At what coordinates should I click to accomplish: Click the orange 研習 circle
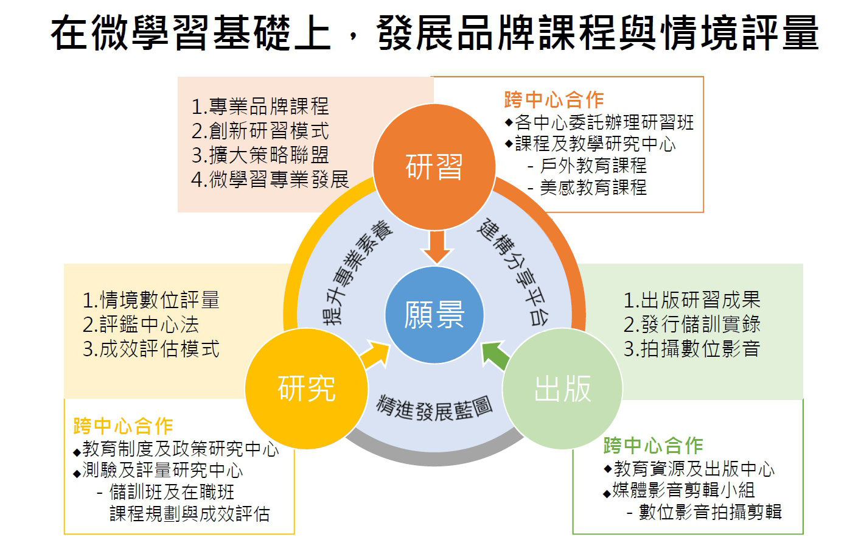click(x=434, y=167)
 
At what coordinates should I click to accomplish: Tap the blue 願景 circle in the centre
click(x=434, y=315)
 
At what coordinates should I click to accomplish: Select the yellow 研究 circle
click(x=306, y=388)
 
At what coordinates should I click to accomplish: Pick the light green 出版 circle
click(x=562, y=388)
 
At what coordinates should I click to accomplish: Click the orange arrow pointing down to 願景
click(x=437, y=247)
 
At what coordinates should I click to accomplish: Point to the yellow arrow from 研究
click(x=375, y=355)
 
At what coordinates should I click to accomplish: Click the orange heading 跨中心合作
click(x=554, y=100)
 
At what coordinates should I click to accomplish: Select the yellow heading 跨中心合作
click(x=123, y=426)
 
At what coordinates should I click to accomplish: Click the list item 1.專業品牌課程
click(x=260, y=107)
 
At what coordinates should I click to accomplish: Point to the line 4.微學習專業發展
click(x=270, y=180)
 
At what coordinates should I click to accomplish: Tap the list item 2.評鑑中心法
click(x=141, y=325)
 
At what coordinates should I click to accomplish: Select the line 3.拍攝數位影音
click(x=692, y=349)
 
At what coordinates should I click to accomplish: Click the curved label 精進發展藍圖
click(x=434, y=409)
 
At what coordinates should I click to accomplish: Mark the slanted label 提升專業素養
click(x=357, y=272)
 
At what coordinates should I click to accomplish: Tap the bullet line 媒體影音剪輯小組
click(x=679, y=490)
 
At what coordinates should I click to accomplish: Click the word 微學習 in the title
click(x=151, y=33)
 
